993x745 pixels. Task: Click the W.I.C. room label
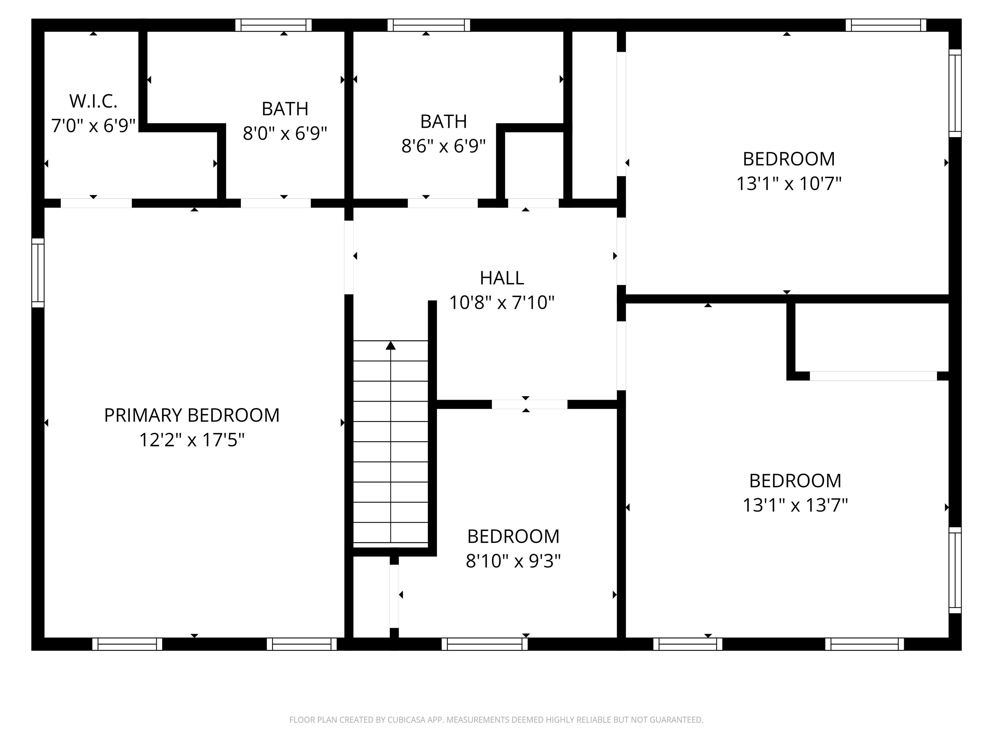pyautogui.click(x=93, y=102)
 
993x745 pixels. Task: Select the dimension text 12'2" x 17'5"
pyautogui.click(x=192, y=440)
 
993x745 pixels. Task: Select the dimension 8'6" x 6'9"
pyautogui.click(x=443, y=146)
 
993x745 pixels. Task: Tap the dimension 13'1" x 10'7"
pyautogui.click(x=789, y=184)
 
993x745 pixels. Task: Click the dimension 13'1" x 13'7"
pyautogui.click(x=795, y=505)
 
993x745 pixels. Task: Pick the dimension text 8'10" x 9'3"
pyautogui.click(x=513, y=561)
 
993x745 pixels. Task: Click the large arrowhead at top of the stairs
pyautogui.click(x=390, y=345)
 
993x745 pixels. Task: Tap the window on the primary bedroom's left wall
pyautogui.click(x=38, y=273)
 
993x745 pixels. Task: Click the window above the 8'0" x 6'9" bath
pyautogui.click(x=273, y=25)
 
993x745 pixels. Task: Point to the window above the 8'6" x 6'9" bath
pyautogui.click(x=429, y=25)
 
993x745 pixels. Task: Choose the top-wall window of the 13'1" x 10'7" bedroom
pyautogui.click(x=885, y=25)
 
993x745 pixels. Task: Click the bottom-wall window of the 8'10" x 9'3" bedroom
pyautogui.click(x=485, y=644)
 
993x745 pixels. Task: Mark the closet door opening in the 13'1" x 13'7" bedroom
pyautogui.click(x=873, y=376)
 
